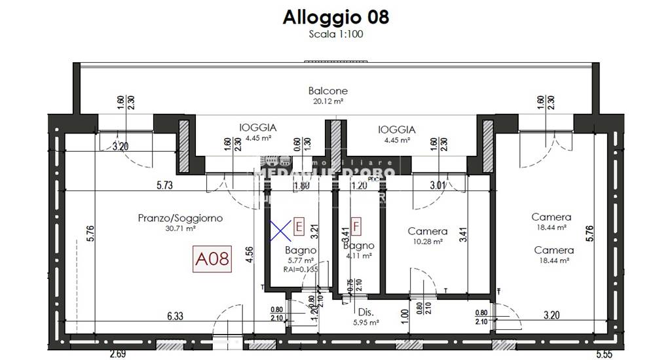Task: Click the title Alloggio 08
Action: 335,17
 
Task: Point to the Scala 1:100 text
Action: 335,34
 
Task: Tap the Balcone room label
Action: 327,91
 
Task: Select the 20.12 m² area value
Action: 327,101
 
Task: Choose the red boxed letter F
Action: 356,226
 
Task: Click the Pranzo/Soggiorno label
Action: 180,218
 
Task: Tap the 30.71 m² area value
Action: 180,228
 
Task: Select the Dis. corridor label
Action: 365,312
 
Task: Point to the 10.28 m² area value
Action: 427,242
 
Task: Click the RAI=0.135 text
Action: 301,268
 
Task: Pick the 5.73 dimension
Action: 164,185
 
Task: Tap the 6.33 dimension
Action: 174,315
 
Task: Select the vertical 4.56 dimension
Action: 249,253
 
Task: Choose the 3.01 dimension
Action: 437,185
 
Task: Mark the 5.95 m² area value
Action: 365,322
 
